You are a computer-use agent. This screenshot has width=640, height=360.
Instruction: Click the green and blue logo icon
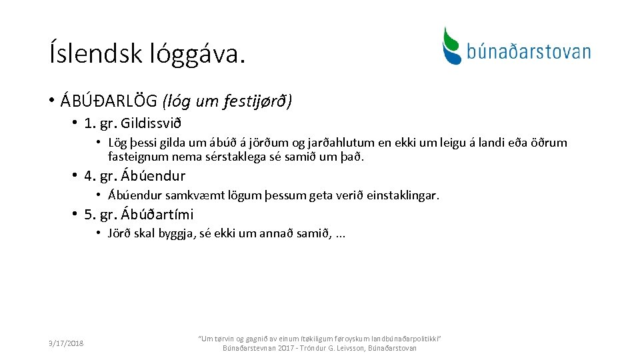point(452,45)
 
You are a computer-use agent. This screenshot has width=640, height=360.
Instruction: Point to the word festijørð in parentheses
point(259,101)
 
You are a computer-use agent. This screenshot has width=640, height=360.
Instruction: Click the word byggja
point(176,234)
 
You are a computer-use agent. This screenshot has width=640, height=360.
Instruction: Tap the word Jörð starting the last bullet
point(120,233)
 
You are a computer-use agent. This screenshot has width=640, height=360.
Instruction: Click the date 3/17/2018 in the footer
point(66,343)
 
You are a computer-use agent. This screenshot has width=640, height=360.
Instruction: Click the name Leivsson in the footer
point(351,348)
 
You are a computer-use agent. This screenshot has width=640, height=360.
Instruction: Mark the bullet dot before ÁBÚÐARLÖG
point(51,101)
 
